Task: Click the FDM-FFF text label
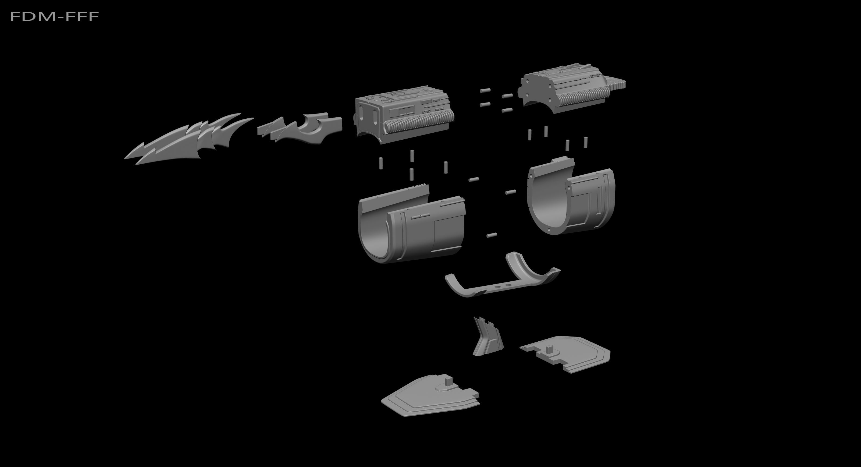tap(55, 16)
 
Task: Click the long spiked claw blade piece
tap(187, 140)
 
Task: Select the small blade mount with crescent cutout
tap(301, 129)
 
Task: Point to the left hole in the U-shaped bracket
tap(498, 287)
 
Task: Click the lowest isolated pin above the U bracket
tap(491, 235)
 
